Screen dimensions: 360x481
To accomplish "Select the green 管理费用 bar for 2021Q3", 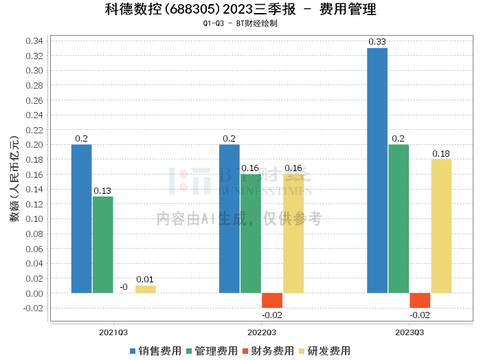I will point(103,245).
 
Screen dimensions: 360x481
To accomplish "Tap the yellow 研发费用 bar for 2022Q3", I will point(293,234).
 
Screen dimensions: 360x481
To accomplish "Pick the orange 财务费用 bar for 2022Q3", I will point(272,300).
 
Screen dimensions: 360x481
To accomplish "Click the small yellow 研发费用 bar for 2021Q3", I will point(146,289).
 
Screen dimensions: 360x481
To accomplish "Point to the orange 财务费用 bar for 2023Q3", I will point(420,300).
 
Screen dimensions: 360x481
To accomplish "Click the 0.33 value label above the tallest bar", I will point(377,42).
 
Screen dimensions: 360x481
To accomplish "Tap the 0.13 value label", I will point(103,190).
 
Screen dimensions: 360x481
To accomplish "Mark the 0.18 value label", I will point(441,153).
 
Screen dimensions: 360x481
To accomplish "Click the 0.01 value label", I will point(145,279).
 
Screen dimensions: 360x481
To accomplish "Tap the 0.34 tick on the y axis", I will point(35,41).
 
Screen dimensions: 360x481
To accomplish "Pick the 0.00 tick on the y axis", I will point(35,293).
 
